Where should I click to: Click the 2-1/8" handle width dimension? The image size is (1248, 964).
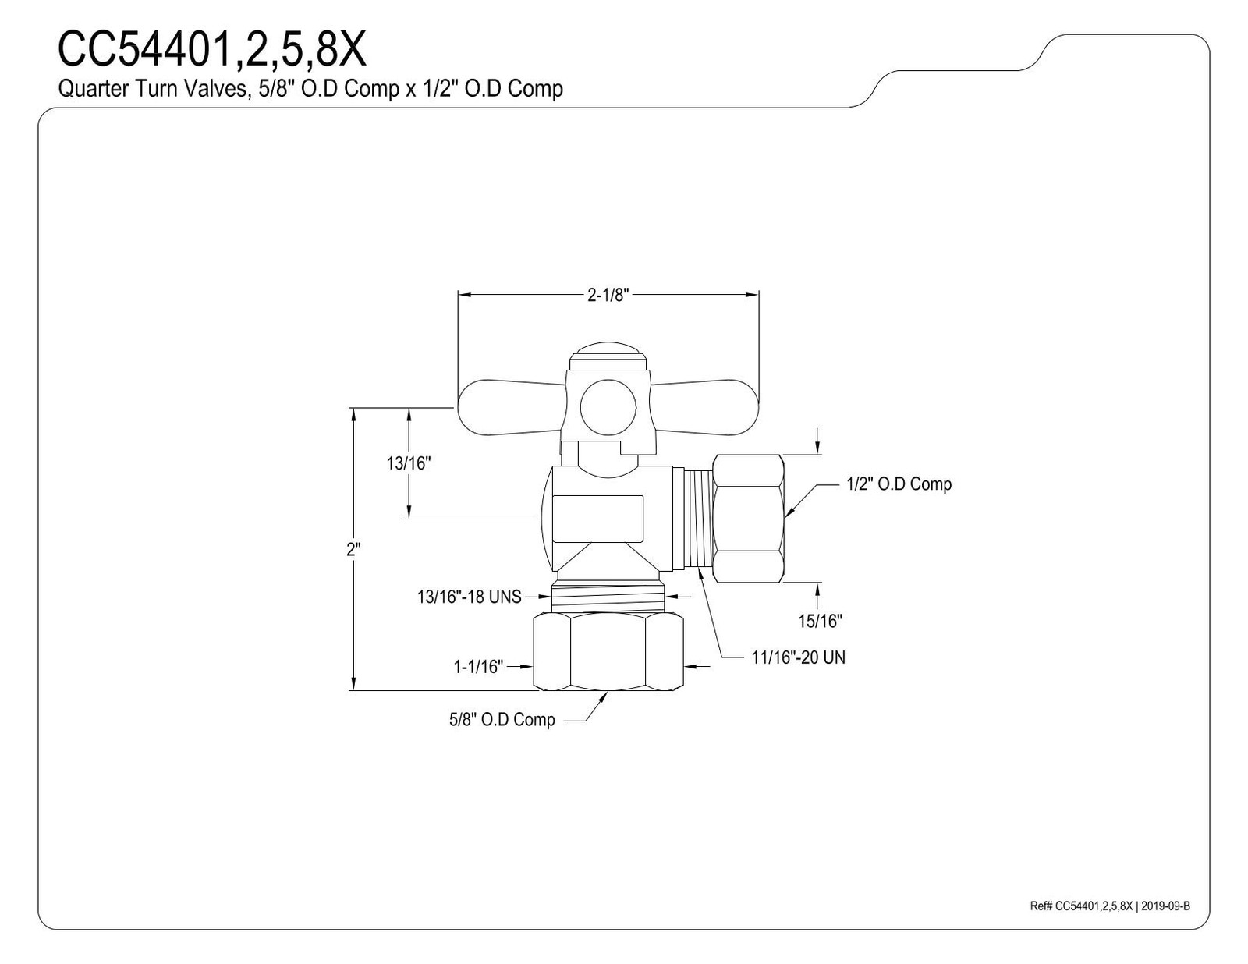[608, 295]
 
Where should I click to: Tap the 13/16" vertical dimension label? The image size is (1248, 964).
[409, 463]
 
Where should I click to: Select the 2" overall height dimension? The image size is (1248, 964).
[353, 549]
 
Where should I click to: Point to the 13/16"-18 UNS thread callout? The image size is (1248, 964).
[470, 597]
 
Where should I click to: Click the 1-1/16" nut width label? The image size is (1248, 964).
[478, 667]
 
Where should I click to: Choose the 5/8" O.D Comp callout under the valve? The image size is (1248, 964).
[502, 719]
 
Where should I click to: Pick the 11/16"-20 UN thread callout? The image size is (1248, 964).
[798, 657]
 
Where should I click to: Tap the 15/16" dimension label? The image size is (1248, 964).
[820, 621]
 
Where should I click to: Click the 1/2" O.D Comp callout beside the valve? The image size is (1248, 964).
[899, 484]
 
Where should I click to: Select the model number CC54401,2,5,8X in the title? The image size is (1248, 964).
[211, 50]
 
